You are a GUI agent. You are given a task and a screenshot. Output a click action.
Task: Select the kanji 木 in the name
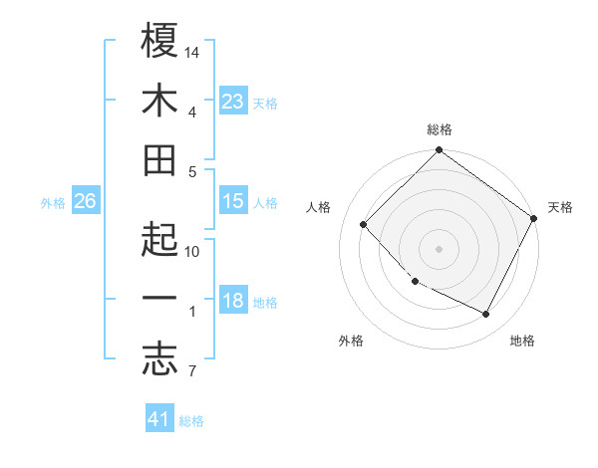(x=159, y=101)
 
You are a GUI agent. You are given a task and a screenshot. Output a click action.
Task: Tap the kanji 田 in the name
(x=159, y=160)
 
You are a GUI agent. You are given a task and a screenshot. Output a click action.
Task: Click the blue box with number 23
(x=232, y=101)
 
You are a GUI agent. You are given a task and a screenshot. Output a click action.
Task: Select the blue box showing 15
(x=232, y=201)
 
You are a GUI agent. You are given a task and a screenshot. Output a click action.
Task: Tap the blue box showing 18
(x=232, y=302)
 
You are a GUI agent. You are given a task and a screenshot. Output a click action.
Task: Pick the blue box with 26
(x=85, y=201)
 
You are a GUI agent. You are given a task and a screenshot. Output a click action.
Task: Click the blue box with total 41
(x=159, y=419)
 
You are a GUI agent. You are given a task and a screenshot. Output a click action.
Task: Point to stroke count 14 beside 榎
(x=192, y=51)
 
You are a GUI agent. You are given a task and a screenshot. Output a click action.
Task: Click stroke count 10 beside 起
(x=192, y=252)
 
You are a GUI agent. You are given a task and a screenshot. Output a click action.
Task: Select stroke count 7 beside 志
(x=191, y=372)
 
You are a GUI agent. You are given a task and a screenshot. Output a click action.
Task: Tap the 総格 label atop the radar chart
(x=439, y=129)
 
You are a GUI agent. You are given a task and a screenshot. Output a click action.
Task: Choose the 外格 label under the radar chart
(x=351, y=341)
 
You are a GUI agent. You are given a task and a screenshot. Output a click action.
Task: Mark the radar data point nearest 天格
(x=533, y=218)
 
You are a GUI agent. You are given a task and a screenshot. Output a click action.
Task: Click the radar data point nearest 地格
(x=486, y=315)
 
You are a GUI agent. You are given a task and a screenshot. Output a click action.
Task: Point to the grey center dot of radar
(x=439, y=248)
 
